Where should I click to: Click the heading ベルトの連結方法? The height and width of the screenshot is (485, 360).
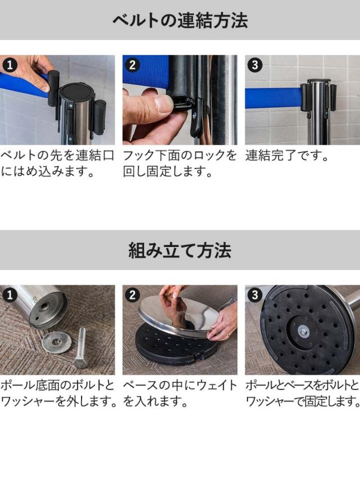click(x=180, y=21)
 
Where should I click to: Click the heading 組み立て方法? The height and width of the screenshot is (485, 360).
click(x=179, y=250)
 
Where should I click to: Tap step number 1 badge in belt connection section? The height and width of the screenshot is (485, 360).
click(x=10, y=65)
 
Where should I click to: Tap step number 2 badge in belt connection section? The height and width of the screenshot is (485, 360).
click(x=132, y=65)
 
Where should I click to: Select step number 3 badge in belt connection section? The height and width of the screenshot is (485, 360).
click(x=255, y=65)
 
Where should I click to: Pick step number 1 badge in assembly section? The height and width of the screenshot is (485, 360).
click(x=10, y=294)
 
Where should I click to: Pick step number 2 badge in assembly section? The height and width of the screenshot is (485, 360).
click(x=132, y=294)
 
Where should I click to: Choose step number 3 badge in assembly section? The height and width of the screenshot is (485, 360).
click(x=255, y=294)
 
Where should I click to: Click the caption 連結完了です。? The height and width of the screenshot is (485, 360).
click(x=287, y=156)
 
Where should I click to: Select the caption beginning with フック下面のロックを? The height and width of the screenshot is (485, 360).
click(x=179, y=163)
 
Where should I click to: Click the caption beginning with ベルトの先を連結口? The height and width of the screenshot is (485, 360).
click(x=57, y=163)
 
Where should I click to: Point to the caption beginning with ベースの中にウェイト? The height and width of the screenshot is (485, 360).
click(x=179, y=393)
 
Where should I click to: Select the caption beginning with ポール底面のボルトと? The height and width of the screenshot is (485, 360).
click(x=58, y=393)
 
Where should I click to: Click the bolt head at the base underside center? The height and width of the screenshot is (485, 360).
click(x=304, y=331)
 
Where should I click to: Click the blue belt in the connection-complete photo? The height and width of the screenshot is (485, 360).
click(x=273, y=98)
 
